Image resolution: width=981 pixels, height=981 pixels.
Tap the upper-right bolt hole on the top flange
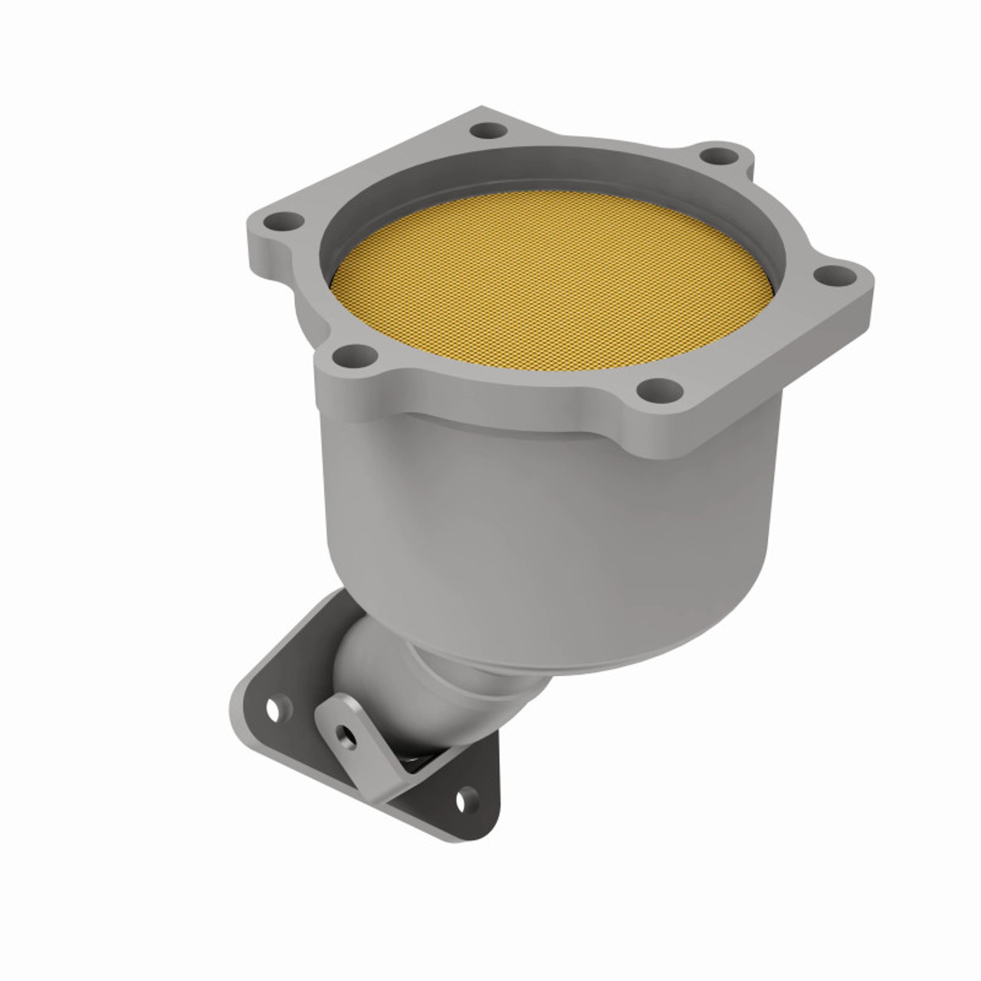coord(719,157)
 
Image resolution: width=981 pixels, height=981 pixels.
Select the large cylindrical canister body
coord(536,521)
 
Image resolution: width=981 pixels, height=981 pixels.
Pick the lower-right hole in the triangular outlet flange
coord(462,802)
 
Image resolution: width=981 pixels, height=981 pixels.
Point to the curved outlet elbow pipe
coord(368,659)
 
